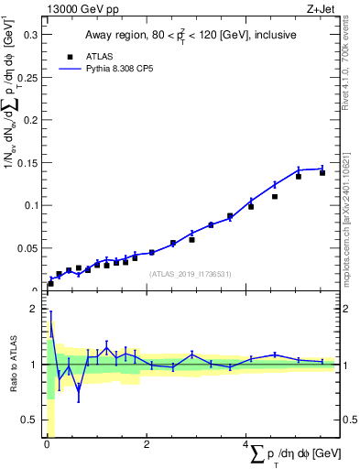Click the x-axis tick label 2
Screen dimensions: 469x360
145,445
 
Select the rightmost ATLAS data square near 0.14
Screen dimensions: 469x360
322,172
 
